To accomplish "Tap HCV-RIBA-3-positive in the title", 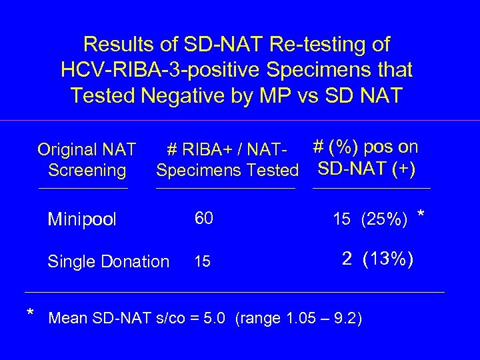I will pos(155,70).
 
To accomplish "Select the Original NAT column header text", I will pos(87,149).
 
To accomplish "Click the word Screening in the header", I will pos(87,171).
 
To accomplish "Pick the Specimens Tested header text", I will pos(227,171).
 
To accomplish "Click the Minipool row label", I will pos(82,219).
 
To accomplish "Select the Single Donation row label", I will pos(108,262).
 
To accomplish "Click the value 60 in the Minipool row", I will pos(203,218).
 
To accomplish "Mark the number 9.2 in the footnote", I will pos(346,317).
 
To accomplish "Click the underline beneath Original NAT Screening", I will pos(83,189).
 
